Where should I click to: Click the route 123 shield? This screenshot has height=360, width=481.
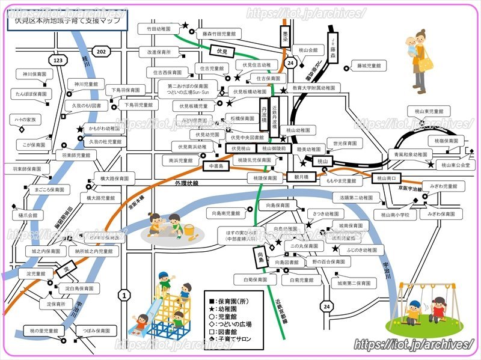click(x=58, y=61)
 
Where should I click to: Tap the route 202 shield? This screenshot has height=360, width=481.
click(x=101, y=52)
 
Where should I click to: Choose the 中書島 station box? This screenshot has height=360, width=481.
click(x=214, y=165)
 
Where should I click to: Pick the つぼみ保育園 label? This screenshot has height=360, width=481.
click(x=96, y=331)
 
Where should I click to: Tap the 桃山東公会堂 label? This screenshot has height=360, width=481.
click(x=455, y=164)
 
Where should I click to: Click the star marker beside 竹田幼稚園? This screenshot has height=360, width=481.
click(x=185, y=26)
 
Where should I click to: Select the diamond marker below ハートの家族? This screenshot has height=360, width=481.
click(x=21, y=129)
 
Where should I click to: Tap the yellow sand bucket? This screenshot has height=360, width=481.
click(x=189, y=230)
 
